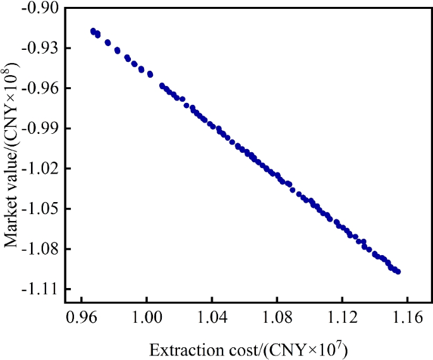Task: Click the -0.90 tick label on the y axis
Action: tap(40, 8)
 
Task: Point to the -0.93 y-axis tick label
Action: tap(40, 48)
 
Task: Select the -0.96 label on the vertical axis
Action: tap(40, 88)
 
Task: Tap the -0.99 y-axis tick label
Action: tap(40, 128)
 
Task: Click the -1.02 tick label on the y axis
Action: tap(40, 169)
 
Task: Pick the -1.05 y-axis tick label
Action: tap(40, 208)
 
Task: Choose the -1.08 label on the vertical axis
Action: tap(40, 249)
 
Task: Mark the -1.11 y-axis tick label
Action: tap(40, 289)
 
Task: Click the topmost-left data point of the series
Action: tap(94, 31)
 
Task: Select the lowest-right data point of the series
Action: tap(398, 272)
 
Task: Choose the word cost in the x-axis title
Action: tap(217, 349)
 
